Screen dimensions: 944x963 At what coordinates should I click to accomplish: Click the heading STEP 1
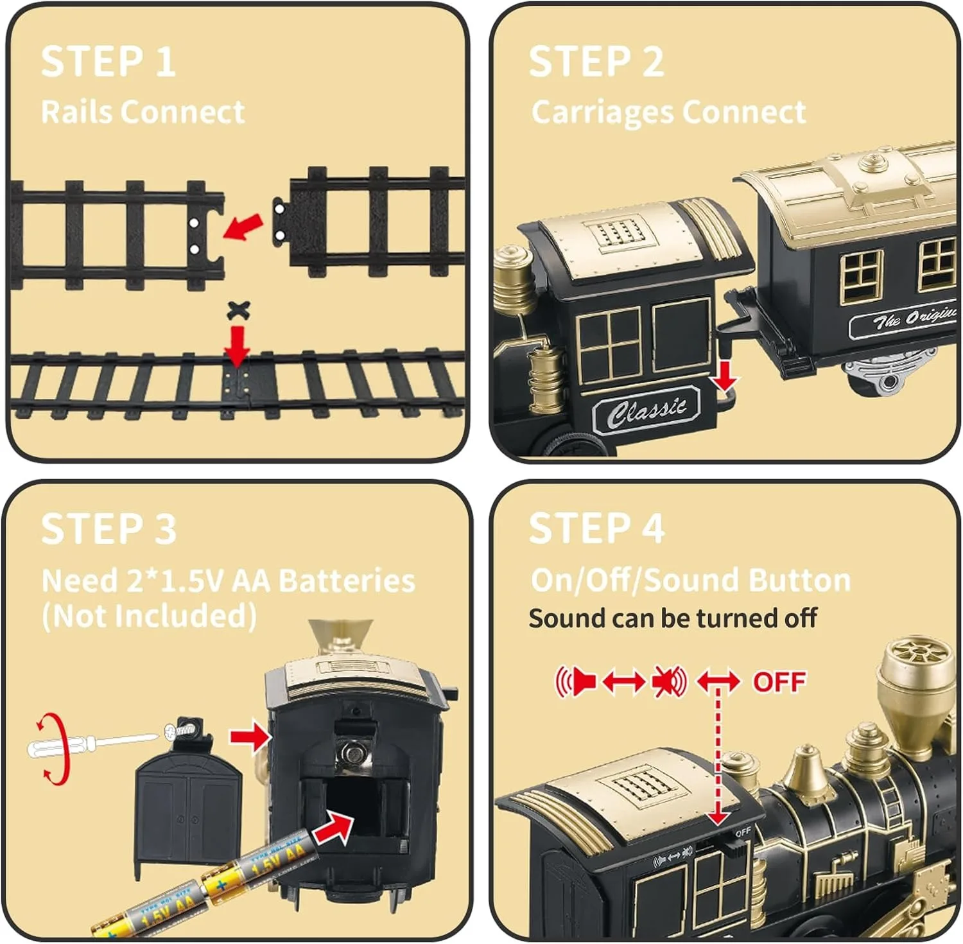point(108,62)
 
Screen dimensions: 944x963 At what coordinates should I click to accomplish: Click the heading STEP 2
point(596,62)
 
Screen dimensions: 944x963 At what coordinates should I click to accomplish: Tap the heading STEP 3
point(108,529)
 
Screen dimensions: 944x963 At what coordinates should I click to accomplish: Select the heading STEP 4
point(596,529)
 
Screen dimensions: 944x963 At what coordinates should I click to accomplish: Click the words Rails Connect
point(143,112)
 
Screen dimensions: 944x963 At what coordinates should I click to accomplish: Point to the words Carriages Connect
point(668,112)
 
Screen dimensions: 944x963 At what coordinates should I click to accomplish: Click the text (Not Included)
point(149,615)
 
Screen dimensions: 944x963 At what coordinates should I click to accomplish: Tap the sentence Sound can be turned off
point(672,618)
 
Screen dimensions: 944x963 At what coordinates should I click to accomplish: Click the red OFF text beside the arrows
point(779,682)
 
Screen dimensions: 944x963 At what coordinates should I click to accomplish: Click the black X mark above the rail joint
point(238,311)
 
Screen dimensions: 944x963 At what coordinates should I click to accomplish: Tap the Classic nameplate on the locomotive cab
point(646,409)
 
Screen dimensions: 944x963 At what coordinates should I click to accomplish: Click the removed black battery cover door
point(187,812)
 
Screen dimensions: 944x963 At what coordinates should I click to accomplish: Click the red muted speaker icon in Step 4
point(669,681)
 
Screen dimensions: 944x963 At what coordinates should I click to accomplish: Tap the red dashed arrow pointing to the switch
point(718,758)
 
